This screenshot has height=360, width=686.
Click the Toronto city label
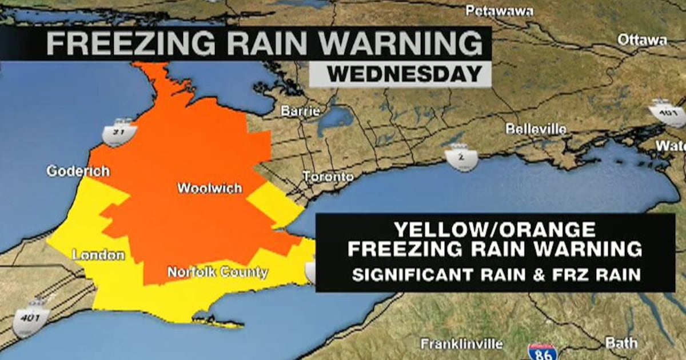point(328,177)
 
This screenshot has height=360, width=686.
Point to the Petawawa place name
point(499,11)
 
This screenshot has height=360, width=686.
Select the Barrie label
point(300,111)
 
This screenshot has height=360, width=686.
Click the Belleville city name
point(536,129)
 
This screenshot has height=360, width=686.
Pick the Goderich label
point(78,171)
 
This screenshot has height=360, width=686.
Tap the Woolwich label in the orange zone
point(209,188)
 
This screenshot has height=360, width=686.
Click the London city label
point(98,255)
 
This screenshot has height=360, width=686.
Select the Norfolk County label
point(217,273)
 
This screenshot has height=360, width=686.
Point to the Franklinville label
point(461,344)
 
